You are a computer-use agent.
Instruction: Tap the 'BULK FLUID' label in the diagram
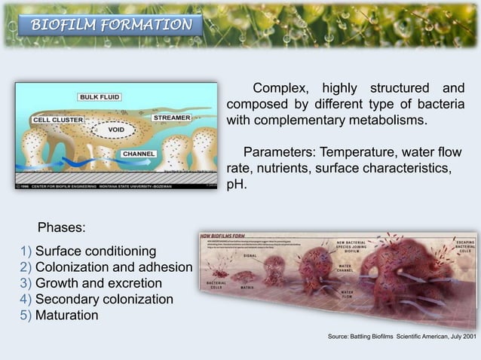[x=104, y=96]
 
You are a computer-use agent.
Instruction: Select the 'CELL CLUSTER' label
[x=57, y=120]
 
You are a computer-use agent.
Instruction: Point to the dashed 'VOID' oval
[x=116, y=130]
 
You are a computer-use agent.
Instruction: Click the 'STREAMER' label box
[x=172, y=118]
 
